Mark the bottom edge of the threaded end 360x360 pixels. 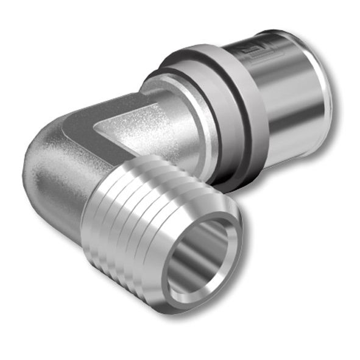[x=152, y=292]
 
